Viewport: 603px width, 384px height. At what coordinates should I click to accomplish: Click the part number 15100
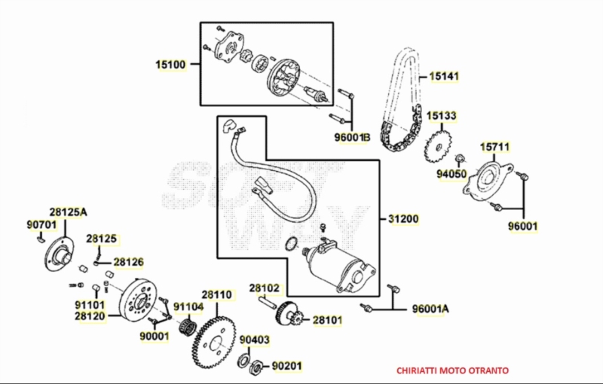click(170, 65)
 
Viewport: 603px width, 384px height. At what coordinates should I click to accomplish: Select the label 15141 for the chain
click(445, 77)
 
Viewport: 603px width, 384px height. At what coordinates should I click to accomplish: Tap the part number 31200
click(403, 219)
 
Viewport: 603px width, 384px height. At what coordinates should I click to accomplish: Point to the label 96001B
click(353, 138)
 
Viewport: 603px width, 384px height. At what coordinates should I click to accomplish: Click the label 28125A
click(69, 212)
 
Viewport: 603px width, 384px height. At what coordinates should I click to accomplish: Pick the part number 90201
click(286, 367)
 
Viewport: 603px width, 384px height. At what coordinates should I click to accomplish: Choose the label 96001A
click(430, 309)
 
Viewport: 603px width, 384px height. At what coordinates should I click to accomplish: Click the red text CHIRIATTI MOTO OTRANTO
click(452, 370)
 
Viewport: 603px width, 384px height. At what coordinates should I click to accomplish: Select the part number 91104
click(188, 306)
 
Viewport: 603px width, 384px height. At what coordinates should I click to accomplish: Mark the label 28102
click(265, 288)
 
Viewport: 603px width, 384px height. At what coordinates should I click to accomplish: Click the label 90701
click(41, 224)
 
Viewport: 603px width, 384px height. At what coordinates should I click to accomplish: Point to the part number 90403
click(255, 341)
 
